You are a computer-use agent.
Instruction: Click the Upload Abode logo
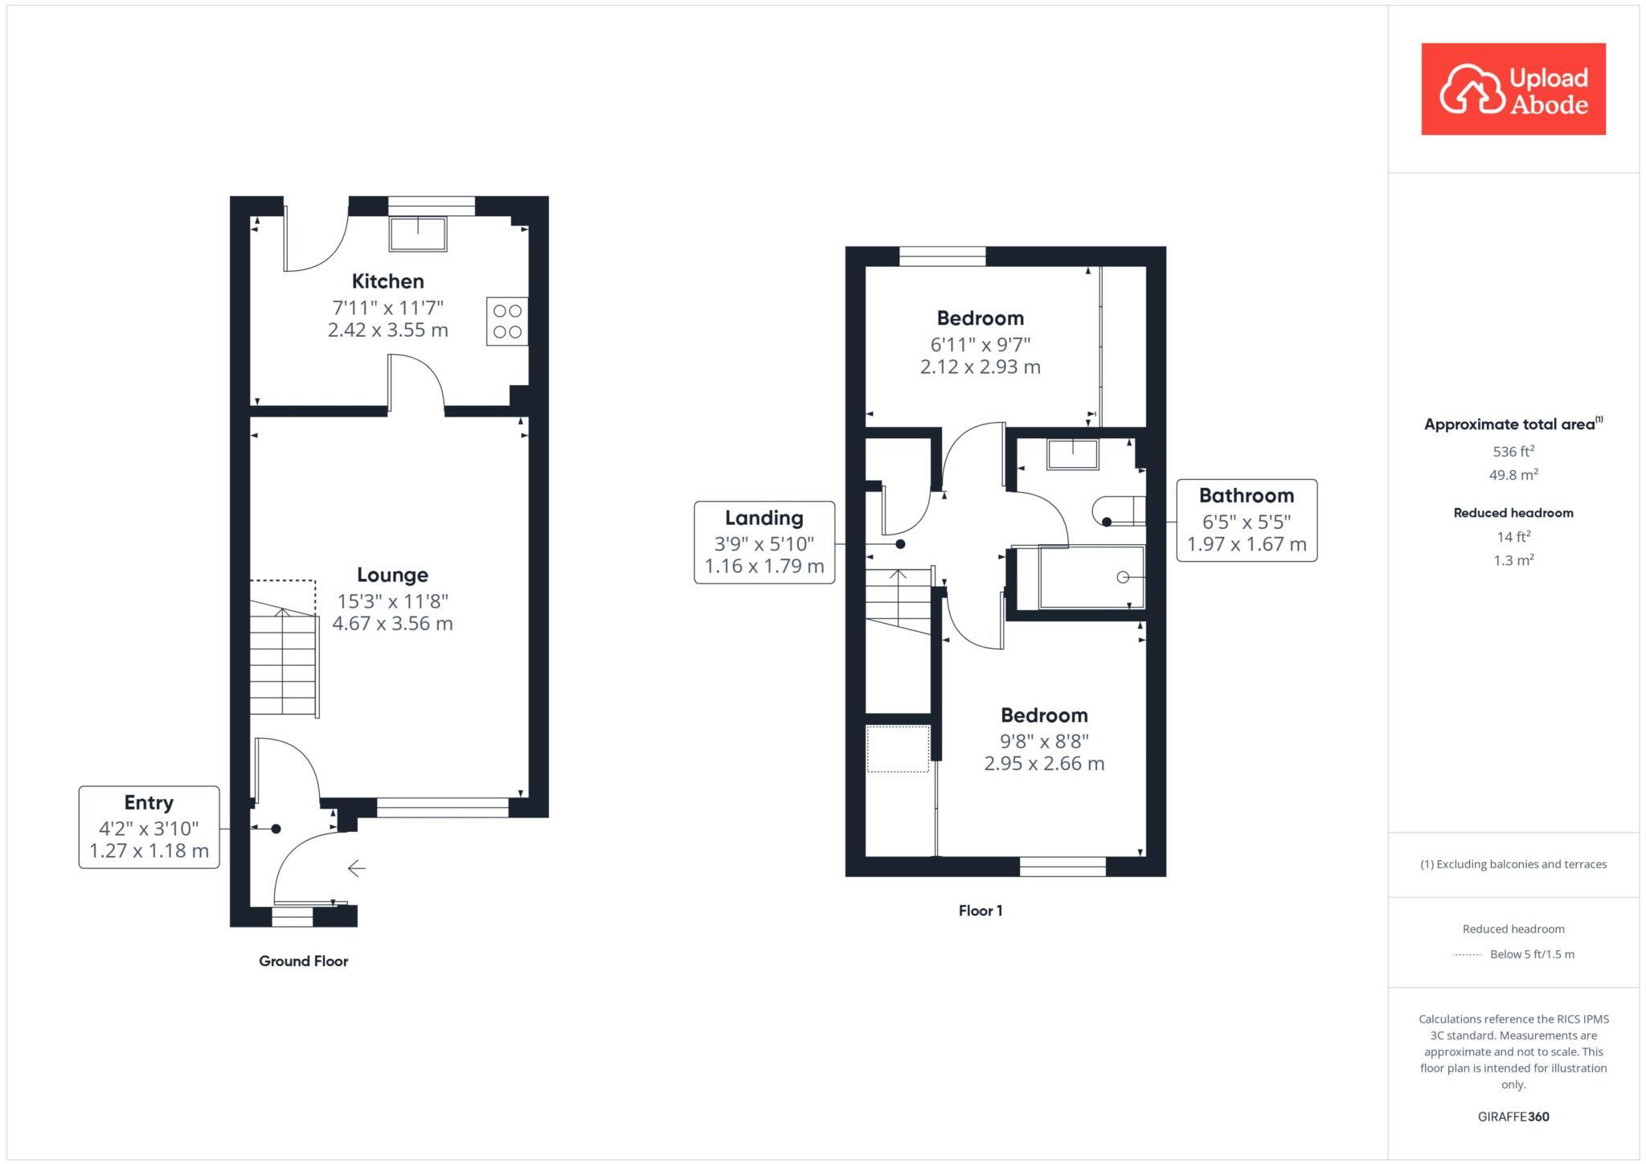point(1513,89)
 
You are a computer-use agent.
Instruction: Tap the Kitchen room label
point(387,281)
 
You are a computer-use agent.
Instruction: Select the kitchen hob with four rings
point(507,322)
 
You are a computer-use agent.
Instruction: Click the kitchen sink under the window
point(418,234)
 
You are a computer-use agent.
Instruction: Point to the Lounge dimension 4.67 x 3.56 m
point(392,624)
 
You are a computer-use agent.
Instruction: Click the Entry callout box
point(149,827)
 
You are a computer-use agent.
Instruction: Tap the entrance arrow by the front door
point(357,868)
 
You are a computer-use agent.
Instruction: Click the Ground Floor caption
point(303,961)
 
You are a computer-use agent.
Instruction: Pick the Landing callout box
point(764,543)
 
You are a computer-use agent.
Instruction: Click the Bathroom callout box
point(1246,520)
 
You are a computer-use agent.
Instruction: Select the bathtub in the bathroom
point(1091,577)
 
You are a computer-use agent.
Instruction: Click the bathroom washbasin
point(1072,455)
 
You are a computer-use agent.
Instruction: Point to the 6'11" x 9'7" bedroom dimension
point(980,345)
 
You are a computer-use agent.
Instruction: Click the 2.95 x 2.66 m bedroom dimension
point(1044,764)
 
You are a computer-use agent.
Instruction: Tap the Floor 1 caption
point(980,911)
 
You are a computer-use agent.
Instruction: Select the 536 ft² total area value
point(1513,452)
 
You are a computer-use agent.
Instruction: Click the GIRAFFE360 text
point(1513,1117)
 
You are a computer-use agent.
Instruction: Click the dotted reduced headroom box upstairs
point(898,749)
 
